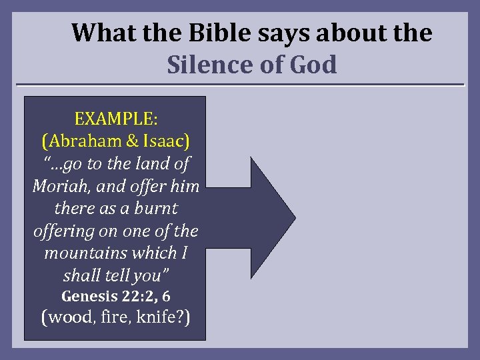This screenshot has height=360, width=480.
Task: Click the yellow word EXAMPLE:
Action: pos(115,119)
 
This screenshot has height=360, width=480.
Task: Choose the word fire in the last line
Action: pos(118,317)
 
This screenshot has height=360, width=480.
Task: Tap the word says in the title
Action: pos(273,33)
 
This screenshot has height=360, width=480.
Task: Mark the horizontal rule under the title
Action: pos(240,85)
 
